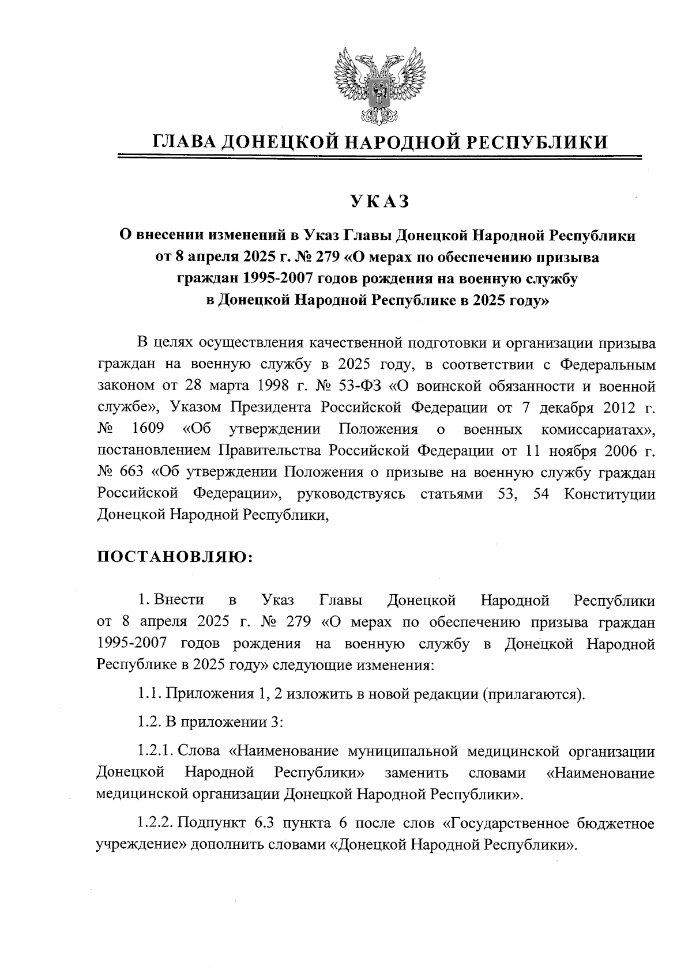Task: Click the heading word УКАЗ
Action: point(379,202)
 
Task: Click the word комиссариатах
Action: point(597,429)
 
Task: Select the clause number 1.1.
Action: point(149,693)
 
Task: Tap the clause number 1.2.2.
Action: point(156,824)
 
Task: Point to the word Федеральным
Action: point(608,364)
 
